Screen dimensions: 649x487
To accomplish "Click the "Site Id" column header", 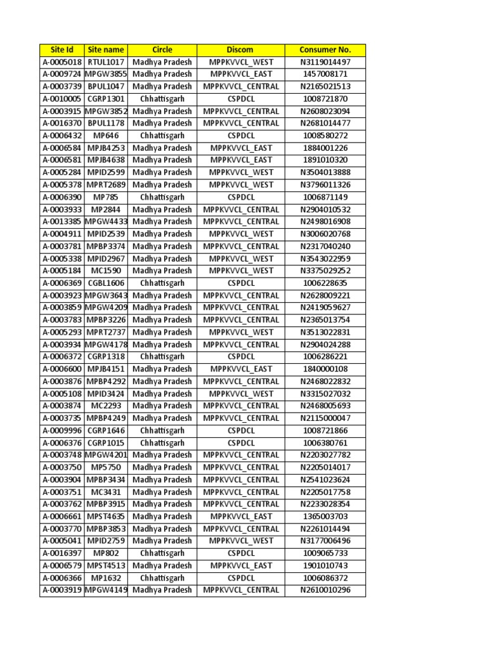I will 62,49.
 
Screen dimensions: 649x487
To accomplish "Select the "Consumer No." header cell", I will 325,49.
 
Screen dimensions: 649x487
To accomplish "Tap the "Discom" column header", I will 240,49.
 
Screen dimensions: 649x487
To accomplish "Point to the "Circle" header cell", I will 162,49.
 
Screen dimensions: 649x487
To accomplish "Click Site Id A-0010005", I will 62,99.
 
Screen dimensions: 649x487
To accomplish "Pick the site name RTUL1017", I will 106,62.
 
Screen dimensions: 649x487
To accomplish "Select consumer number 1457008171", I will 325,74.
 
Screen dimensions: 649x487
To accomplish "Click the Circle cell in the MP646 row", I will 162,136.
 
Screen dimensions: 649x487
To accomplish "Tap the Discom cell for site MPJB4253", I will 240,148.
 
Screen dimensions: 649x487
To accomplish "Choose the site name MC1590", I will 106,271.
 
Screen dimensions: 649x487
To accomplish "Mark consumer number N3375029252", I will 325,271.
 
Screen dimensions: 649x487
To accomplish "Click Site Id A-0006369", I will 62,283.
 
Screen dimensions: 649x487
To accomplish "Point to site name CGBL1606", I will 106,283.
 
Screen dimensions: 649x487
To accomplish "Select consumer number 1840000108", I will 325,369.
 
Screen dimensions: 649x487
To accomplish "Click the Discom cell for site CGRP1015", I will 240,443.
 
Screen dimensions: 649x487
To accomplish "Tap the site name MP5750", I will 106,467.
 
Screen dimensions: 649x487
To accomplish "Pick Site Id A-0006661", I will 62,517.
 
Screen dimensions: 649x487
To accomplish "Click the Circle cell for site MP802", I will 162,553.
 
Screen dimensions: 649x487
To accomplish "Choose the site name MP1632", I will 106,578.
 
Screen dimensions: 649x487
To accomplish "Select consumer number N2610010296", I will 325,590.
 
